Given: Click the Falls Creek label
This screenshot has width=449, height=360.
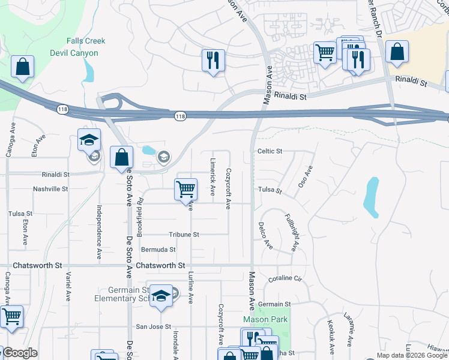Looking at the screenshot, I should (x=86, y=41).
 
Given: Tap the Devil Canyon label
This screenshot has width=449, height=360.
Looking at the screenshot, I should (x=82, y=53).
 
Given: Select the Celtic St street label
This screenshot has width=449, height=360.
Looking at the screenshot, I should (x=270, y=151).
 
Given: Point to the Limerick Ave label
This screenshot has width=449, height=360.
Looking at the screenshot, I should (x=212, y=178).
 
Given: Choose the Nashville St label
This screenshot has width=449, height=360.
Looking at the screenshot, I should (x=50, y=188).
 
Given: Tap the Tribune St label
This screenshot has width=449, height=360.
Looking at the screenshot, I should (x=184, y=235).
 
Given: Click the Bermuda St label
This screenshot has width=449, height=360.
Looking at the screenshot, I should (x=158, y=249).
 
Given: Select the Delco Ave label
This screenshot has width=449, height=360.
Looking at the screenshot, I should (x=262, y=236).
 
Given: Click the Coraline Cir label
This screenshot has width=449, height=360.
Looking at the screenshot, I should (x=284, y=278).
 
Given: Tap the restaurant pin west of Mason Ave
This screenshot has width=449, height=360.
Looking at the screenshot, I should (x=213, y=60).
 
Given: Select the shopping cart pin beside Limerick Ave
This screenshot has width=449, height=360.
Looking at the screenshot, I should (x=186, y=189).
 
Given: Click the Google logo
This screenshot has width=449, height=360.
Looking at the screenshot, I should (x=20, y=353).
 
